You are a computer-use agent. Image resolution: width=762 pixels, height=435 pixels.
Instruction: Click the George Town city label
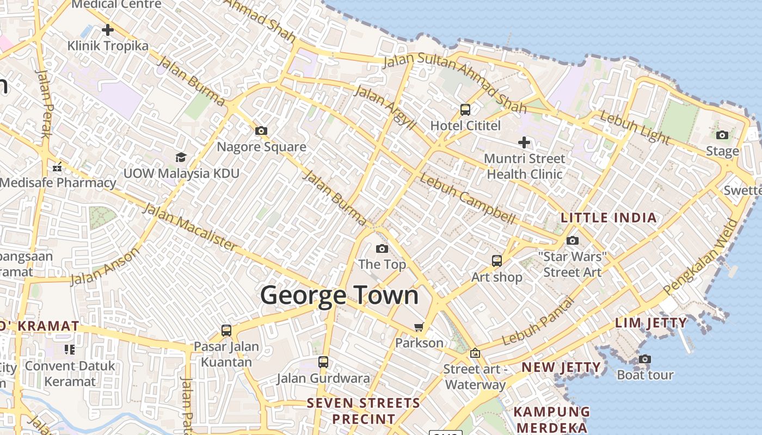coord(339,295)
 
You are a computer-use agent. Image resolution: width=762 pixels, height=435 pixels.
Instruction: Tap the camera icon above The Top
coord(382,248)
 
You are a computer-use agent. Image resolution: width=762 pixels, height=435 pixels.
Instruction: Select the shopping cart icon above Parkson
coord(419,327)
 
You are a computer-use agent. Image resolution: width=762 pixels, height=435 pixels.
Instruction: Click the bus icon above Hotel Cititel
coord(465,109)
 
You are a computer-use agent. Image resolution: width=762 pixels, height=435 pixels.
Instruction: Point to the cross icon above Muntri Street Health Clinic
coord(524,142)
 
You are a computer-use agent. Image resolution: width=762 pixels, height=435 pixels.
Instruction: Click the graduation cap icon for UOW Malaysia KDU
coord(181,157)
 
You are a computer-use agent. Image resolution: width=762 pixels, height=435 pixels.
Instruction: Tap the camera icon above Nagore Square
coord(261,130)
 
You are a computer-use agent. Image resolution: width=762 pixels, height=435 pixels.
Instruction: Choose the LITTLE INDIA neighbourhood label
coord(609,218)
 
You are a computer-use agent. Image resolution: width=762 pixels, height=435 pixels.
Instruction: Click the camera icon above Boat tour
coord(645,359)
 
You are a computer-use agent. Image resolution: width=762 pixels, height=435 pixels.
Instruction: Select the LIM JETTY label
coord(651,323)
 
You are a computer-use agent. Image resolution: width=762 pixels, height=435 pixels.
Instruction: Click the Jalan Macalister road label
coord(190,227)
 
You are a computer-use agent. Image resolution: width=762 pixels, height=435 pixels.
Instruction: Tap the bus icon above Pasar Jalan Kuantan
coord(226,330)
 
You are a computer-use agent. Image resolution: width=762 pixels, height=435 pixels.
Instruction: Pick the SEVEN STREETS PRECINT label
coord(364,411)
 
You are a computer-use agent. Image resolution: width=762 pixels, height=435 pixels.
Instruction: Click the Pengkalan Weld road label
coord(702,256)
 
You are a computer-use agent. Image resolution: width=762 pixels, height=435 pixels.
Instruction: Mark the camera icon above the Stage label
coord(722,135)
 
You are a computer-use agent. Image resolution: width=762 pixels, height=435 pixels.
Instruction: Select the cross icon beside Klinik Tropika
coord(108,29)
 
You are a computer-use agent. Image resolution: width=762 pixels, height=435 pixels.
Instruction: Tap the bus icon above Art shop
coord(497,260)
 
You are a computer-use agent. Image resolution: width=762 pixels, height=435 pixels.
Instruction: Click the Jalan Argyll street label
coord(385,106)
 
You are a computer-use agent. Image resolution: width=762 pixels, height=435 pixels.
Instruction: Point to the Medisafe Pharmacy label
coord(58,183)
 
